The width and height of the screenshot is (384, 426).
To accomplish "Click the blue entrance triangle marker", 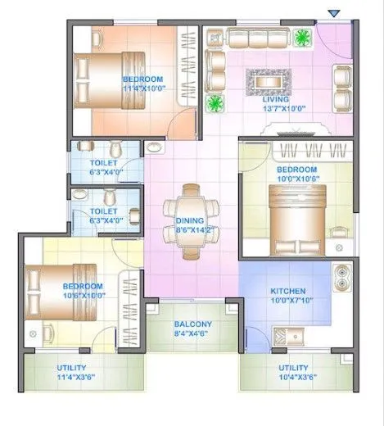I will [x=332, y=13].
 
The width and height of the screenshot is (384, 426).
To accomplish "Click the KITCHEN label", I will [x=288, y=291].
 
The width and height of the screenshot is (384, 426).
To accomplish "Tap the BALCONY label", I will [x=192, y=324].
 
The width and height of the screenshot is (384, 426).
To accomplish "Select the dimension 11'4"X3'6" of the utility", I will [x=77, y=378].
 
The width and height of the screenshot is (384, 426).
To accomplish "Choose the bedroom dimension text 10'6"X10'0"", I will [x=84, y=296].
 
